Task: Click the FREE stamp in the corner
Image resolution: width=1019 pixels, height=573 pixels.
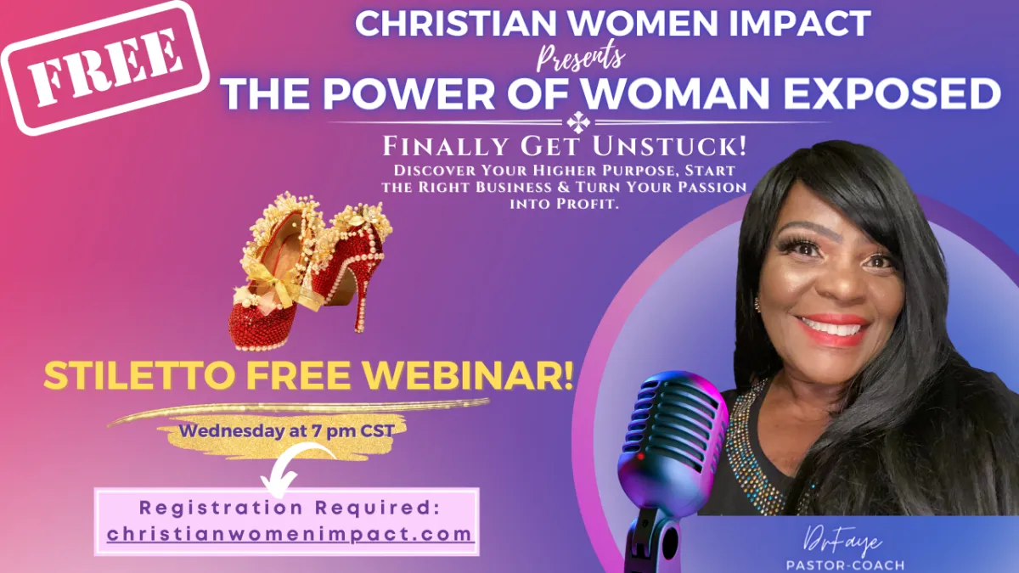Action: (104, 67)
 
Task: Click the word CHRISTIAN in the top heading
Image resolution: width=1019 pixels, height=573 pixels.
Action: (455, 24)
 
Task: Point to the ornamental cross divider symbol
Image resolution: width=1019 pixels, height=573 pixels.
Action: (578, 122)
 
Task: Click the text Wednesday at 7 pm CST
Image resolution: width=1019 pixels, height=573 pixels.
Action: (287, 430)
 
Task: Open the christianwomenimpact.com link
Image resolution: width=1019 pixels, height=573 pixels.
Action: (290, 534)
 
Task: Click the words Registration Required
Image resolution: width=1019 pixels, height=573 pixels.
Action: (290, 508)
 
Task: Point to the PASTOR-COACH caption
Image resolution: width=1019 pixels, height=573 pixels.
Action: (845, 565)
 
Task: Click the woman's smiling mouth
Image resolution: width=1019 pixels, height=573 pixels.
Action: (833, 329)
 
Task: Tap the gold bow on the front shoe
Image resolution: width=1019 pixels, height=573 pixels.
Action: (279, 285)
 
